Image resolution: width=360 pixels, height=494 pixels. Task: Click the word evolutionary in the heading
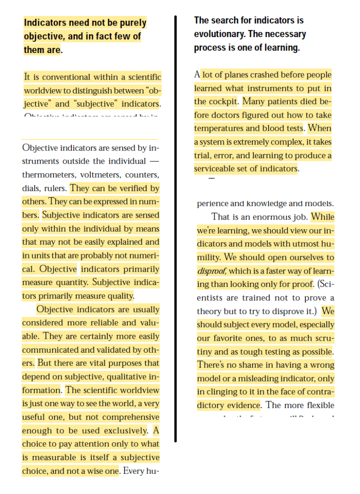[219, 34]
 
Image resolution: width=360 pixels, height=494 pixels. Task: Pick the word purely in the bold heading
[133, 23]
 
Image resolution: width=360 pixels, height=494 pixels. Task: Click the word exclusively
[125, 431]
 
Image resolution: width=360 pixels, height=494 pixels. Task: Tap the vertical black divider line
[176, 227]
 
